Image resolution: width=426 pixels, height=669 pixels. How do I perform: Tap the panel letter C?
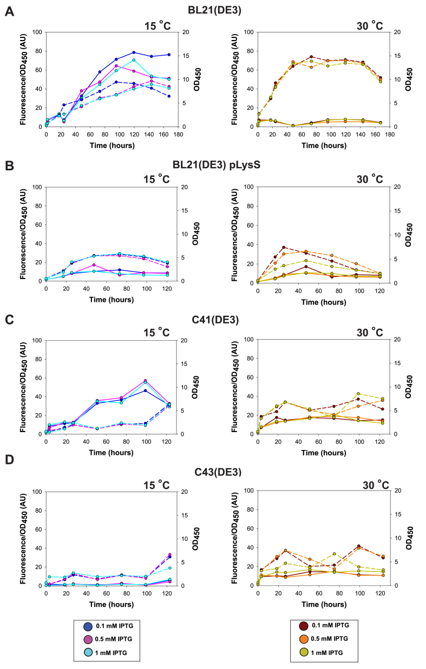click(10, 319)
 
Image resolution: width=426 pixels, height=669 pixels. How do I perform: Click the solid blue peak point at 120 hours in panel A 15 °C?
click(133, 52)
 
